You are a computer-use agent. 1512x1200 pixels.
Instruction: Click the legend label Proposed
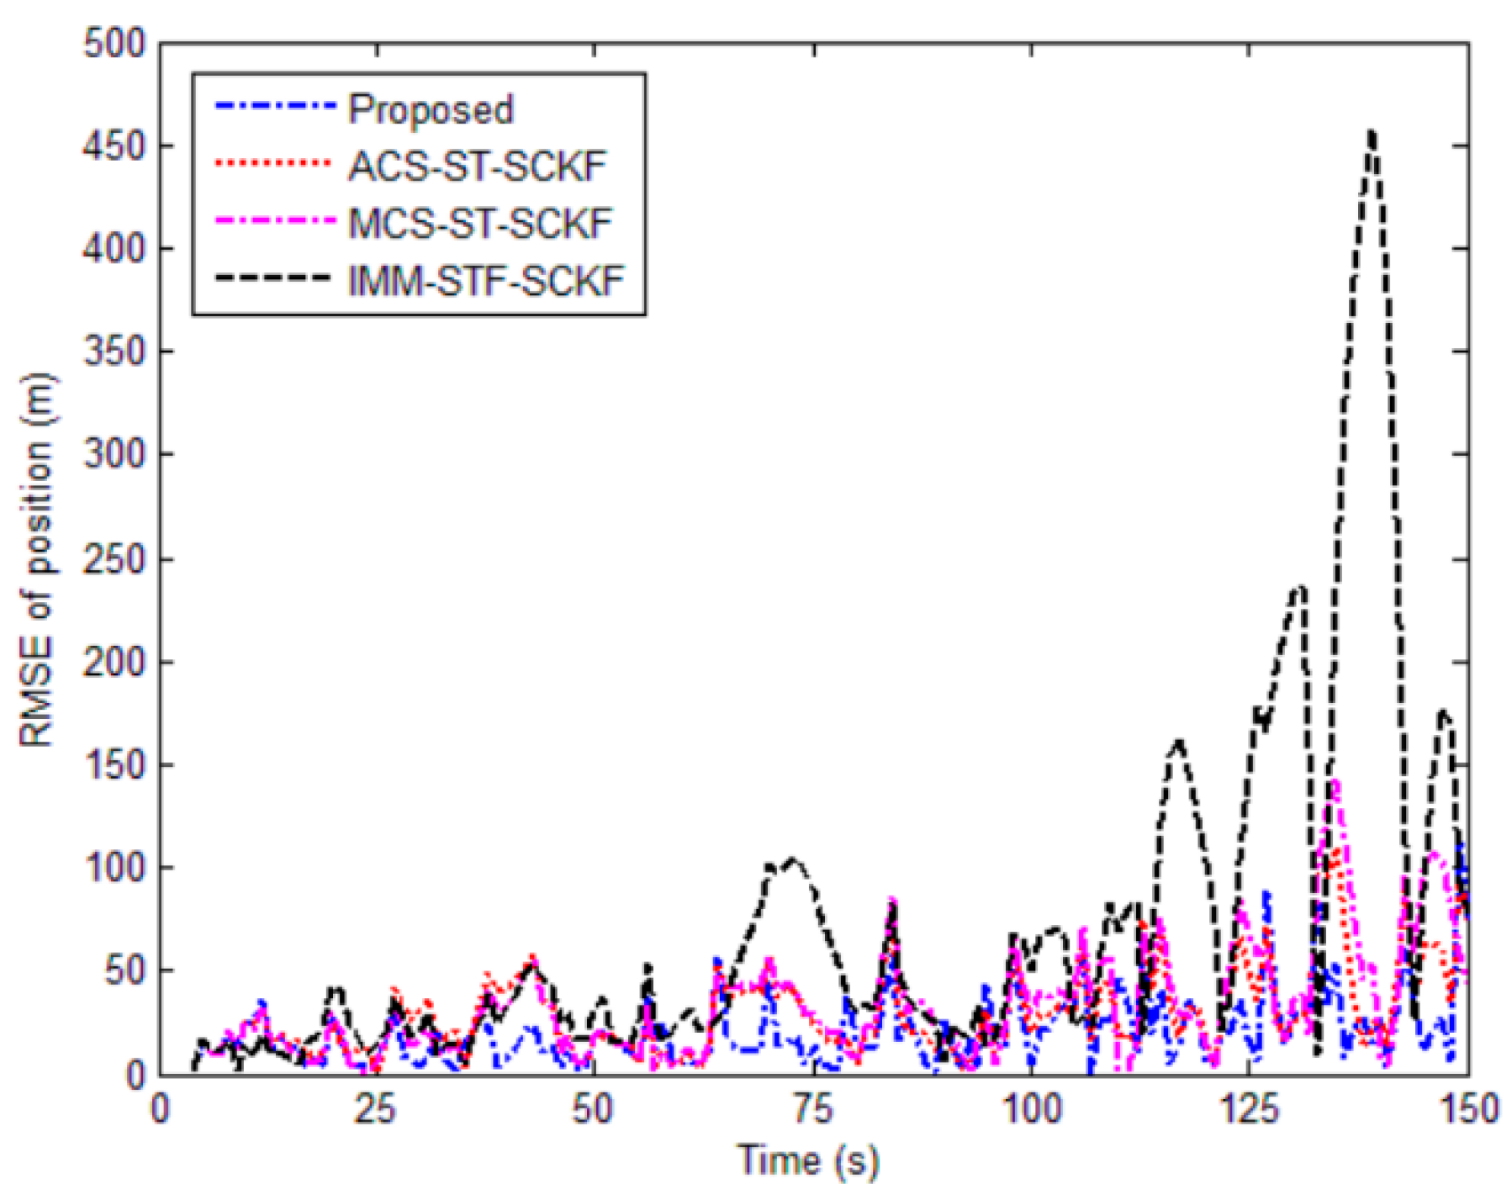[x=430, y=110]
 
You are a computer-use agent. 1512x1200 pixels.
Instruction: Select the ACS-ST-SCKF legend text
[x=477, y=167]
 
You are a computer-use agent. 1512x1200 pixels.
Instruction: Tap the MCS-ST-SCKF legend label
[x=479, y=224]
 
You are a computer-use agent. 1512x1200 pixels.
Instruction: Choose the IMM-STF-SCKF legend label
[x=486, y=281]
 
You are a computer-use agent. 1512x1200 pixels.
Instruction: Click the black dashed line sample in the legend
[x=272, y=278]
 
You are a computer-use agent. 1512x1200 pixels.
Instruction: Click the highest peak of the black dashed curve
[x=1372, y=133]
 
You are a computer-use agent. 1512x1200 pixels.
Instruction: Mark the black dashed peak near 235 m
[x=1300, y=587]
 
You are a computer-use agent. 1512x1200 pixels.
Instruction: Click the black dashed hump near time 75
[x=792, y=860]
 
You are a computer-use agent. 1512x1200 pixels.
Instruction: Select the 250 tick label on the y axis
[x=114, y=558]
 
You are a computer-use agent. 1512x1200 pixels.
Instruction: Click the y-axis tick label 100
[x=114, y=867]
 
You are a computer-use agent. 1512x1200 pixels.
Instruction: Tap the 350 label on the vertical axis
[x=114, y=352]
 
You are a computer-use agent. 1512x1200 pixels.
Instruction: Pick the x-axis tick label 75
[x=812, y=1110]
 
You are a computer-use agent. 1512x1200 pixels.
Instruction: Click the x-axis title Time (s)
[x=809, y=1161]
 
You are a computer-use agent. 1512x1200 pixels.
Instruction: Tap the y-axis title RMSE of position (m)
[x=38, y=558]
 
